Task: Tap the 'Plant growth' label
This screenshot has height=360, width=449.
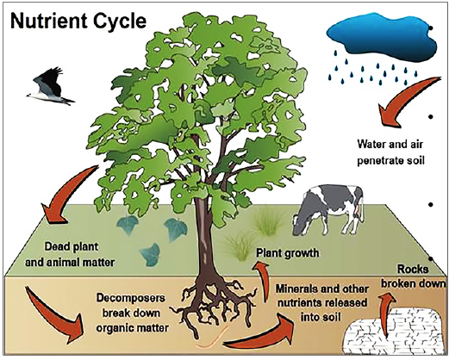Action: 289,253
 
